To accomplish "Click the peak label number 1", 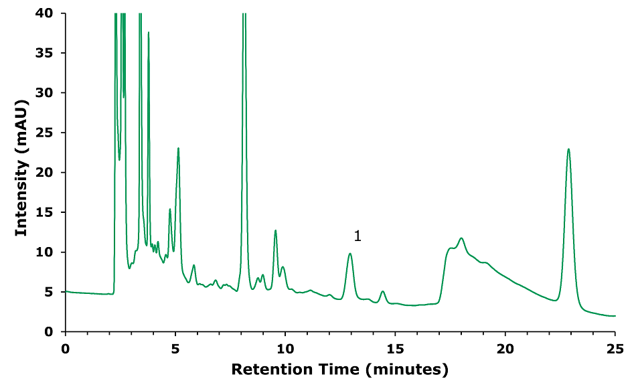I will pos(357,236).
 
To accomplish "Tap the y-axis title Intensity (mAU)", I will pos(21,172).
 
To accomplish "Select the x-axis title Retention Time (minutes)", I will pos(339,369).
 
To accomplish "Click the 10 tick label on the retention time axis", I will pos(285,349).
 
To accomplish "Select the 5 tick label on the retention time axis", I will pos(175,349).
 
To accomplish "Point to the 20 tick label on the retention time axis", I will pos(505,349).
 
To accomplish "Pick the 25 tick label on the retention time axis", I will pos(615,349).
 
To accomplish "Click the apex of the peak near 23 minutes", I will pos(568,149).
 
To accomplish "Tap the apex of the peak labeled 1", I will pos(350,253).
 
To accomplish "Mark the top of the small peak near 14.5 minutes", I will pos(383,291).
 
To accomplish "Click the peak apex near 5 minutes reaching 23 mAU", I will pos(178,148).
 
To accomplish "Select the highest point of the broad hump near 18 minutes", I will pos(461,238).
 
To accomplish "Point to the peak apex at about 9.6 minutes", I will pos(275,230).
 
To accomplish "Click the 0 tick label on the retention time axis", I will pos(65,349).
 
